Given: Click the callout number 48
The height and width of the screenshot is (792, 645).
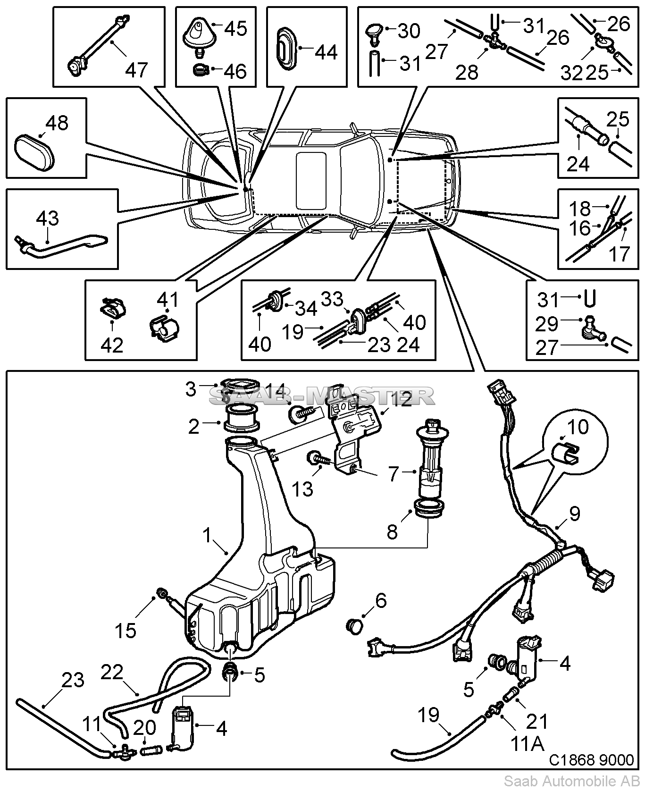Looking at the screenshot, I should click(x=57, y=123).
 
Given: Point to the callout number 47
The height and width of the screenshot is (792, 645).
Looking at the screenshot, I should click(x=137, y=70).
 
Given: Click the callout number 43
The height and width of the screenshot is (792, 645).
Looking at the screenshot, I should click(x=48, y=219).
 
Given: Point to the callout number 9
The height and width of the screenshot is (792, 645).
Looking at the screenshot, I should click(x=574, y=514).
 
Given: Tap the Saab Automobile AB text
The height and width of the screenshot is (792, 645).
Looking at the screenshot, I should click(x=572, y=781).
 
